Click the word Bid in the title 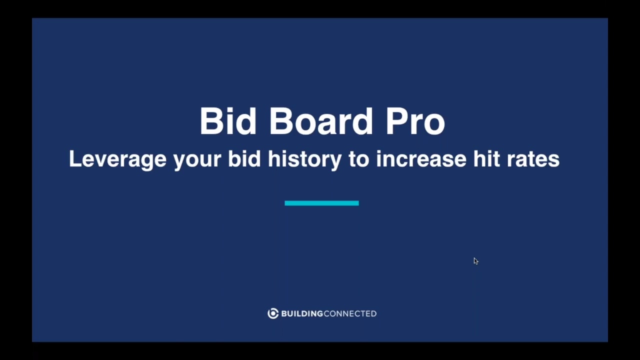point(229,121)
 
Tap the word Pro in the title point(415,121)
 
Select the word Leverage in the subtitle point(117,159)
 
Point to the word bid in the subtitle point(244,159)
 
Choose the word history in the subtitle point(304,159)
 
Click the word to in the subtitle point(358,159)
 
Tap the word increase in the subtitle point(421,159)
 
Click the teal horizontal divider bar point(321,203)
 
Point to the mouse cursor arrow point(475,260)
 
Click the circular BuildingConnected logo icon point(273,313)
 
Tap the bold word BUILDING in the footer point(302,313)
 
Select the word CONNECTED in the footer point(350,313)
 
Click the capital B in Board point(280,121)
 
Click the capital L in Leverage point(74,159)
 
